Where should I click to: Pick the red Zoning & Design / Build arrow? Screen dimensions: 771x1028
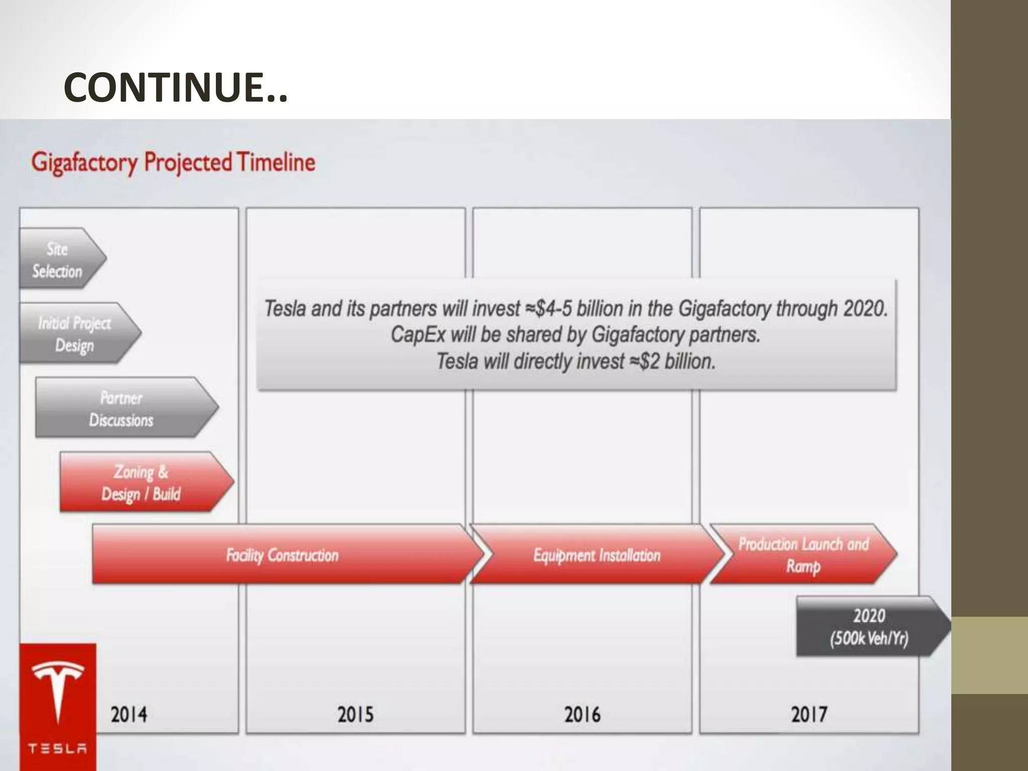pos(142,483)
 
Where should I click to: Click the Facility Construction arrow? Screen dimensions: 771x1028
pos(282,555)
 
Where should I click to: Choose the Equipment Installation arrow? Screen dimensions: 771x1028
pos(596,555)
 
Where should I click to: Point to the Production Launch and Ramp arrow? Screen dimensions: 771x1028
pos(803,555)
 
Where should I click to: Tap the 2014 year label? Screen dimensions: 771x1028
pos(129,714)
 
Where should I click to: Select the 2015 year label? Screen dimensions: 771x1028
pos(355,714)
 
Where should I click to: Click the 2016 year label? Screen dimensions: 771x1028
pos(582,714)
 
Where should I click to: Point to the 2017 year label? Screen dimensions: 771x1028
pos(809,714)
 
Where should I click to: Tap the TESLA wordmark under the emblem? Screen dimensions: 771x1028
pos(58,748)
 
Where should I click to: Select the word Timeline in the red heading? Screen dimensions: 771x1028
pos(276,162)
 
